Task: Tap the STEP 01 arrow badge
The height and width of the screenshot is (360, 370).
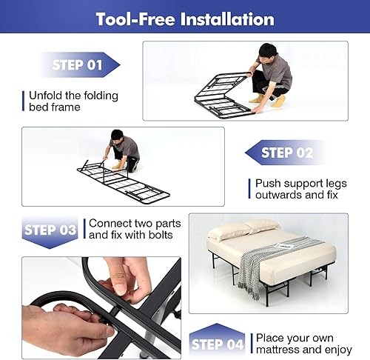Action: (75, 65)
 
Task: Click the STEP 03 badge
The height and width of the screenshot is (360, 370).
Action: (50, 230)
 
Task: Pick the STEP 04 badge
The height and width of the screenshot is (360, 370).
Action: (217, 343)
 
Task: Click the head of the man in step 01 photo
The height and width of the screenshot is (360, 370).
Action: (269, 52)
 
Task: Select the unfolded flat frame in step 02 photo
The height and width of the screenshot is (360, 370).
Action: (122, 181)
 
